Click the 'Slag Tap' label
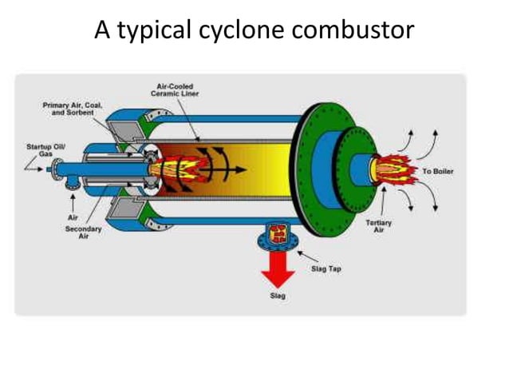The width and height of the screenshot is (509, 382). (325, 269)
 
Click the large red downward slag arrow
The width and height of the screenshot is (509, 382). (277, 268)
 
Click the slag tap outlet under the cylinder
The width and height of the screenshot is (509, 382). (277, 235)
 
